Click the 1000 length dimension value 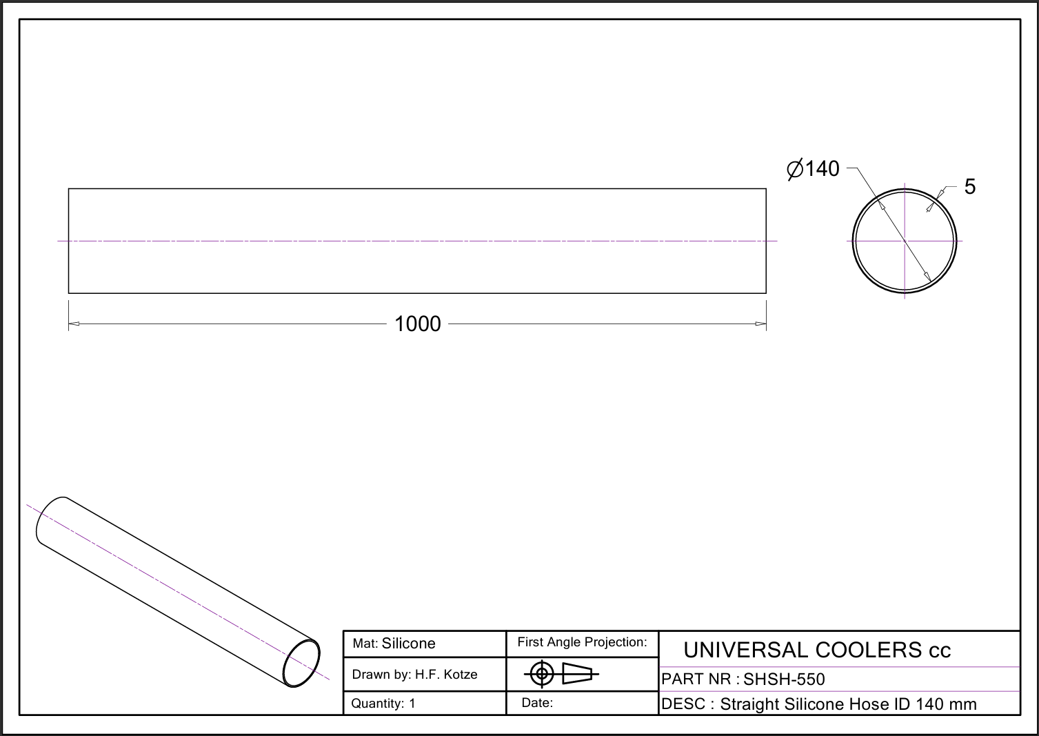tap(417, 324)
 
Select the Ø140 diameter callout tap(813, 169)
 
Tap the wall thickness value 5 tap(970, 186)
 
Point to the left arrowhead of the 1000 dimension tap(74, 324)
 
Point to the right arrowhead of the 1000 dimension tap(760, 324)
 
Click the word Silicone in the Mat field tap(408, 643)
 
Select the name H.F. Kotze tap(446, 675)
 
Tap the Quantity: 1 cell tap(383, 704)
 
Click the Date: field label tap(537, 703)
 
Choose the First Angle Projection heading tap(582, 641)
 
